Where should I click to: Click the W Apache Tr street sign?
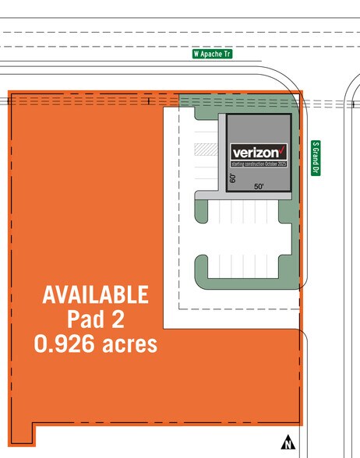(213, 55)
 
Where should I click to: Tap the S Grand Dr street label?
(316, 157)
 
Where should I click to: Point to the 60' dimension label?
(232, 178)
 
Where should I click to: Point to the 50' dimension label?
(259, 188)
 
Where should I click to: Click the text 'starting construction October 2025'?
(259, 165)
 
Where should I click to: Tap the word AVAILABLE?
(95, 294)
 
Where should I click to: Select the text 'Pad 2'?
(95, 319)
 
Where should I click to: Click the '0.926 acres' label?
(95, 343)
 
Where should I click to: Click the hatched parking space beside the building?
(204, 147)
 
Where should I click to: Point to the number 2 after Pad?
(118, 319)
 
